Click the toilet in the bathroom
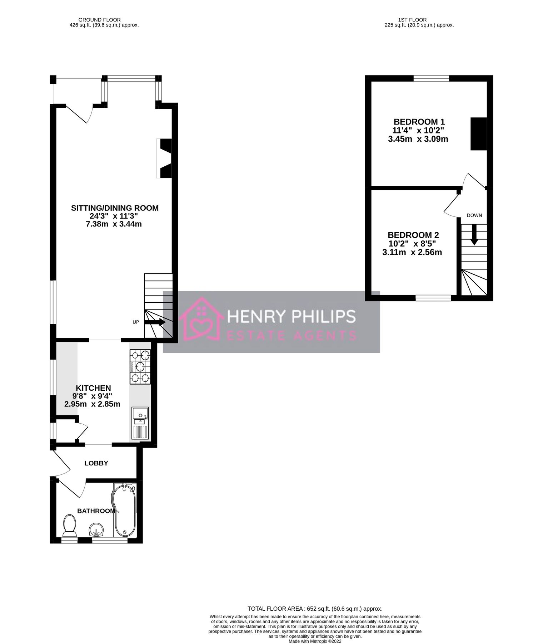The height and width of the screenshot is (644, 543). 69,525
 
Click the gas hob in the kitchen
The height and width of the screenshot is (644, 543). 140,367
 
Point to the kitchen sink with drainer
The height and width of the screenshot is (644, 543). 140,423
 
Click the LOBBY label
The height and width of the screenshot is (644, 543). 96,463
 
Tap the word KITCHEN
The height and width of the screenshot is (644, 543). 93,388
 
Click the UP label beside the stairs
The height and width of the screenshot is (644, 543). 136,322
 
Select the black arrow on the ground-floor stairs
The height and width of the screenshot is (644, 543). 155,322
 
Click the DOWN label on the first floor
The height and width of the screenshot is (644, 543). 474,215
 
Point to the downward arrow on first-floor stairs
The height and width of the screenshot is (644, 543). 474,235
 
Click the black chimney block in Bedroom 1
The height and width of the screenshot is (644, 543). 478,134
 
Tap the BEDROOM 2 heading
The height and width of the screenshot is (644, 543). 413,235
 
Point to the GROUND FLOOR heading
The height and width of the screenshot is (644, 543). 100,20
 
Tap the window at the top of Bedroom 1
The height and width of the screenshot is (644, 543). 431,78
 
